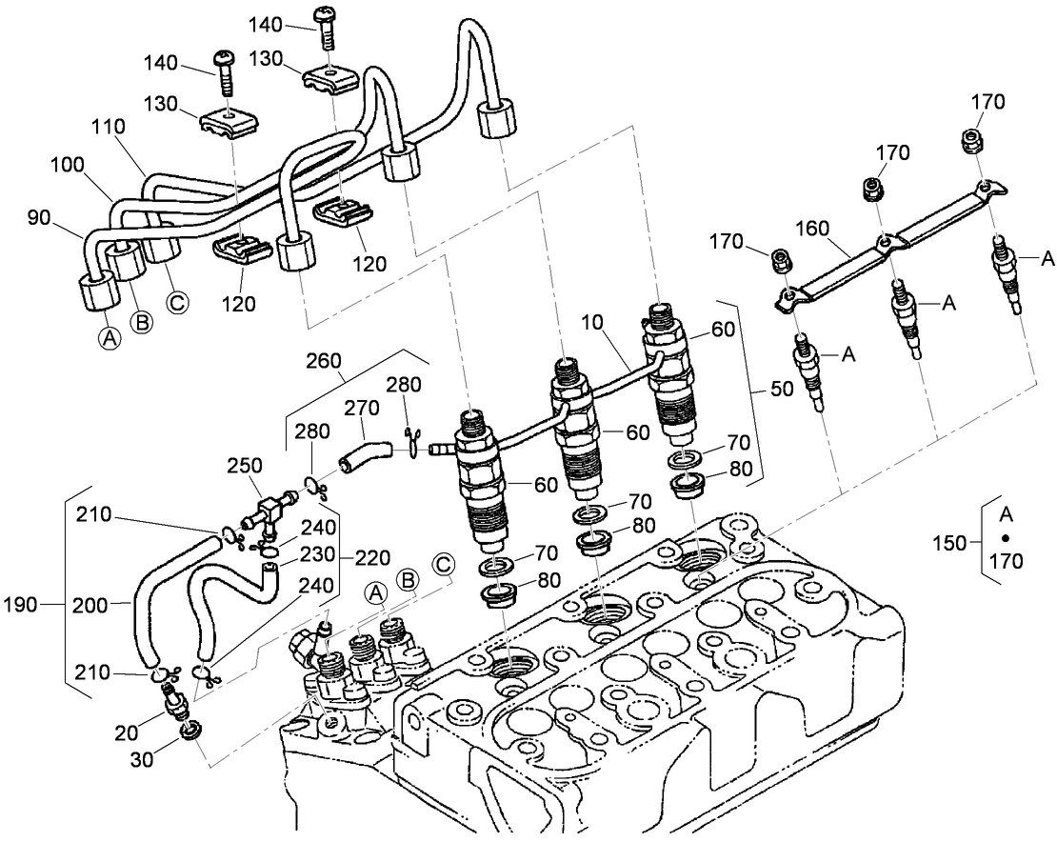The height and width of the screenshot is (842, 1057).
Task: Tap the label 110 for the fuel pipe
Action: tap(109, 126)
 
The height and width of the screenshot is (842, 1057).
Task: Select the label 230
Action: tap(317, 555)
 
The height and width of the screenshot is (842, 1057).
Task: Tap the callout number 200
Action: tap(92, 603)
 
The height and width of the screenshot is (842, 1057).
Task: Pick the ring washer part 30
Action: tap(188, 732)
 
